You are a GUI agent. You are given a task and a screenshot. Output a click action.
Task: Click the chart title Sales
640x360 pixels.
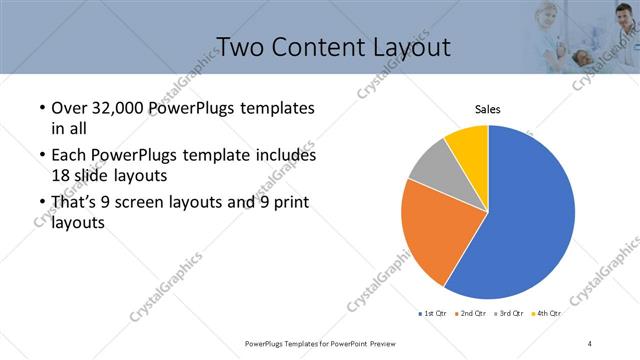click(487, 109)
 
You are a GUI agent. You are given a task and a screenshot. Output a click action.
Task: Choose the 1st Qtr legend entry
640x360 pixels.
click(434, 314)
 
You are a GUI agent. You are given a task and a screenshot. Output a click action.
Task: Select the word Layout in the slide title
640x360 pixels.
click(408, 47)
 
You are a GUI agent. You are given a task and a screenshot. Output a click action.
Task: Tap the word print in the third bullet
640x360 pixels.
click(287, 204)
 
